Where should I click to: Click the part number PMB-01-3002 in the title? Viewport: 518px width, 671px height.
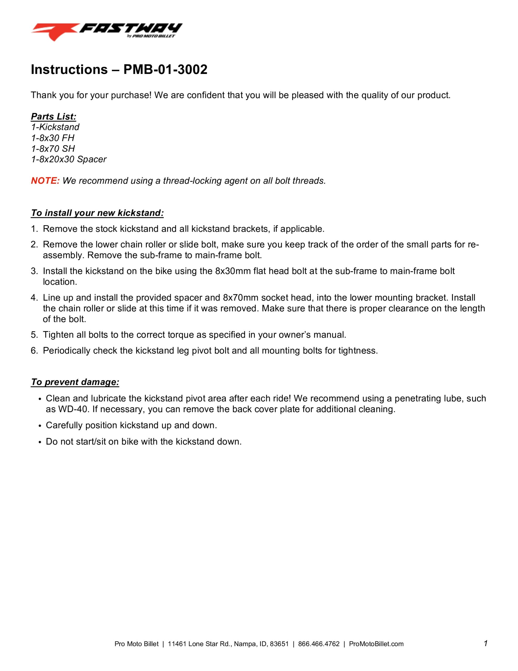coord(165,70)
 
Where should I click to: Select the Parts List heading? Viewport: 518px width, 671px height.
coord(53,116)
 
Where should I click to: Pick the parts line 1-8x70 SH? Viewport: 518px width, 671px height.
coord(53,148)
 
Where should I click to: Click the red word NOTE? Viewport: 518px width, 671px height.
coord(45,181)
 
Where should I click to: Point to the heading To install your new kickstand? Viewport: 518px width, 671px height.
coord(97,213)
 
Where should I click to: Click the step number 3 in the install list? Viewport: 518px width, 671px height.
coord(34,271)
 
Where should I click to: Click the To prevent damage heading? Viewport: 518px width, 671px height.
coord(75,382)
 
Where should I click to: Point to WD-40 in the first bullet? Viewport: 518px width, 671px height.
coord(73,409)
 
